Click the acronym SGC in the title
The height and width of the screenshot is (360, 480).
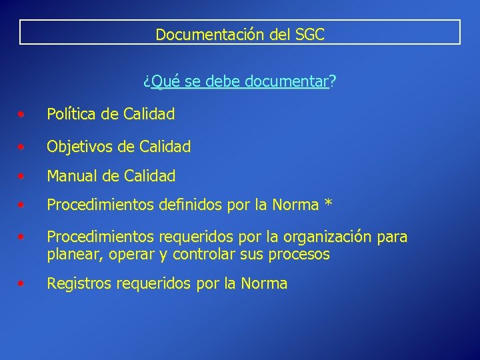[x=307, y=34]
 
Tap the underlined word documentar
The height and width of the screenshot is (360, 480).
[x=287, y=81]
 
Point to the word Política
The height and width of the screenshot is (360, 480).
[x=72, y=114]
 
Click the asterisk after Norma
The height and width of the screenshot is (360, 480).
[x=327, y=204]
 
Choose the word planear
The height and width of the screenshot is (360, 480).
[x=71, y=254]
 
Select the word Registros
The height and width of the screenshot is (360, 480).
[x=79, y=284]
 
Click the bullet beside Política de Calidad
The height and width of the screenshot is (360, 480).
[x=23, y=115]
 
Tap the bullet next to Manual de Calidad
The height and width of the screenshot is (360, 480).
[x=23, y=177]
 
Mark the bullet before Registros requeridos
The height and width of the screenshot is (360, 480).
[x=23, y=284]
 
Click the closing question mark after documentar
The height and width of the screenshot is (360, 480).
[x=333, y=81]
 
